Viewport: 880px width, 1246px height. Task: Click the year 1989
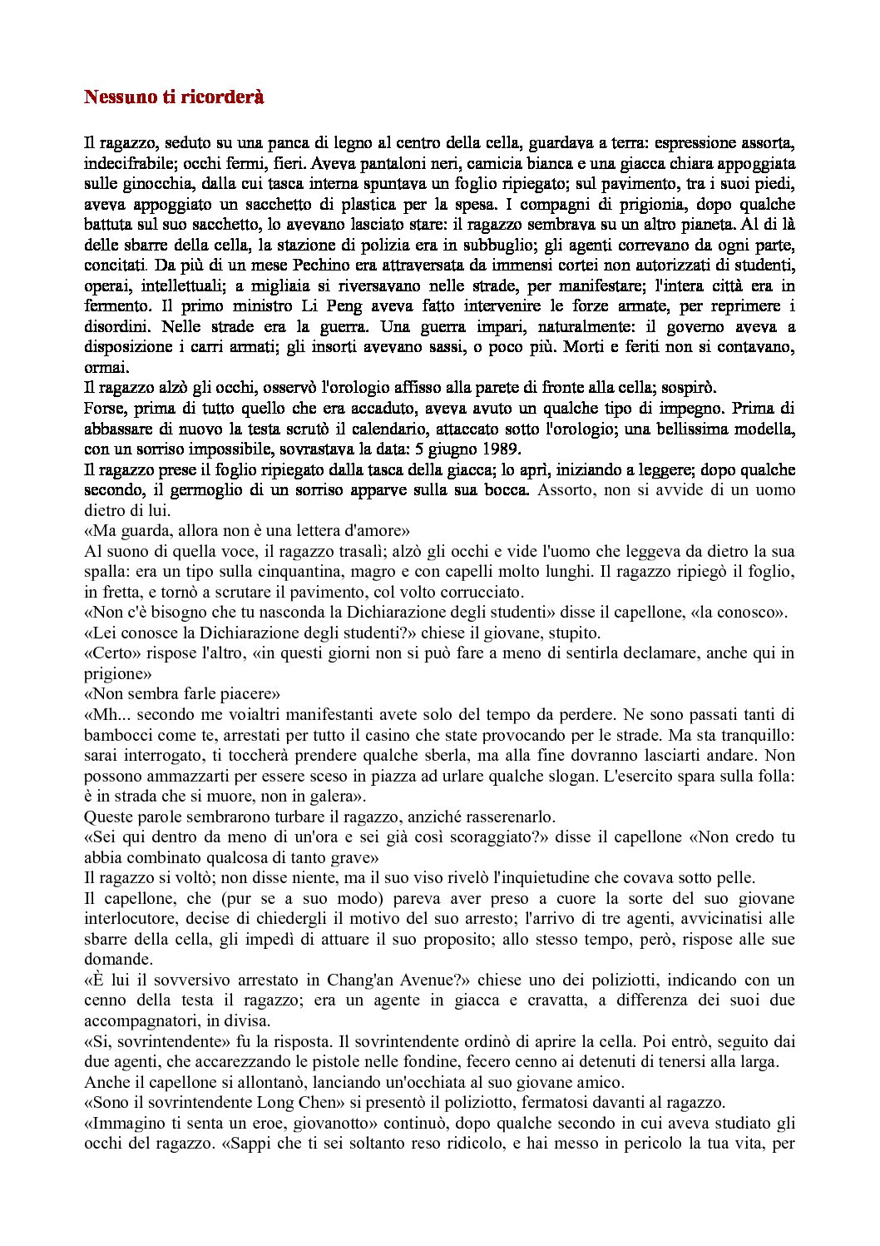(x=497, y=449)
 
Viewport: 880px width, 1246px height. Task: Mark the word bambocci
(x=117, y=735)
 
